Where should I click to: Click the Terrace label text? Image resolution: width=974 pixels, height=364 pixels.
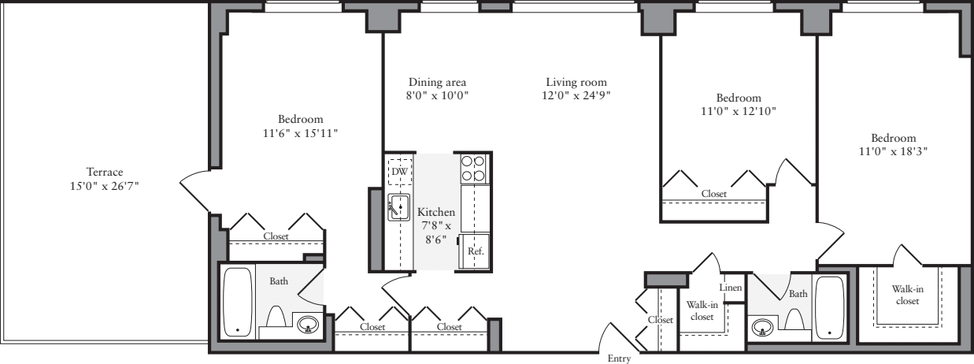[x=106, y=172]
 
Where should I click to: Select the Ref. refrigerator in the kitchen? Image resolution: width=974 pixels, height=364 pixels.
[x=475, y=251]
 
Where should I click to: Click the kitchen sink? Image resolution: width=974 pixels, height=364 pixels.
[x=398, y=208]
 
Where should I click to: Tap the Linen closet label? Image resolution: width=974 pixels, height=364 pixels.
[x=731, y=288]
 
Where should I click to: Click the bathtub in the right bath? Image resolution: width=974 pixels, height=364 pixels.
[x=830, y=306]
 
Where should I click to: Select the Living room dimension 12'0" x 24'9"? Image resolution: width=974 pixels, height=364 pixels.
[x=576, y=95]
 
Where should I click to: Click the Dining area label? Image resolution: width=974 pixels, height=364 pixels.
[x=438, y=82]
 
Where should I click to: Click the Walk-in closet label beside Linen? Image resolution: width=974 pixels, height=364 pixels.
[x=701, y=310]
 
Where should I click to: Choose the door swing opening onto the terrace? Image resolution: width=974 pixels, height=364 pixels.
[x=194, y=190]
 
